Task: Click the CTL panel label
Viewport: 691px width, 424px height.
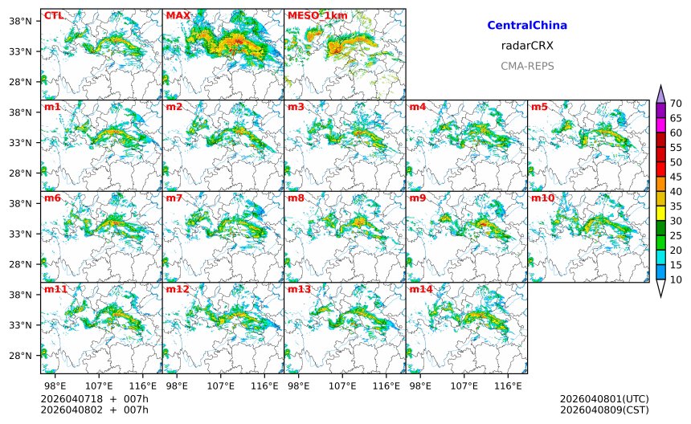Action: [53, 15]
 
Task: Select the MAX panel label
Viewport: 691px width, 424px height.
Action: [178, 15]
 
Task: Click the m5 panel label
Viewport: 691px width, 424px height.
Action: [539, 107]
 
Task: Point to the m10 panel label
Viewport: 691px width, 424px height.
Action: [542, 198]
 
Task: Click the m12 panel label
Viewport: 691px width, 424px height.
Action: [178, 289]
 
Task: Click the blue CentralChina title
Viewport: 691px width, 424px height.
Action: [527, 26]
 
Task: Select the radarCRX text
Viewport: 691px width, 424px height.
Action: [527, 46]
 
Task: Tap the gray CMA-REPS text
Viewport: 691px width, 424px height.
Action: [527, 66]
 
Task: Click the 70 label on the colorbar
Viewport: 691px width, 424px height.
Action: [676, 103]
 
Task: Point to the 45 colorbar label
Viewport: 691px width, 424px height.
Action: [676, 177]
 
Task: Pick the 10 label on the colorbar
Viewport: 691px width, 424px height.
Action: [676, 279]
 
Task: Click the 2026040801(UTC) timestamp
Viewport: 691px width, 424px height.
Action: [603, 399]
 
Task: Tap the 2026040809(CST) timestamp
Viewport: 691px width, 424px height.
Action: [603, 410]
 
